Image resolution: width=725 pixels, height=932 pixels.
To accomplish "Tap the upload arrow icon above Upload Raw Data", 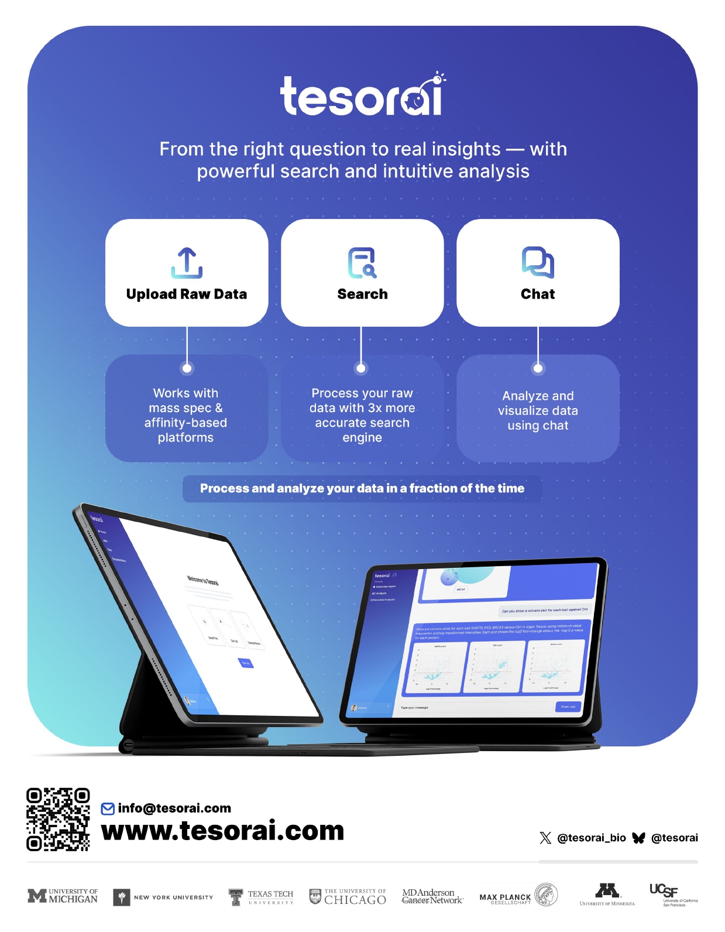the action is [187, 262].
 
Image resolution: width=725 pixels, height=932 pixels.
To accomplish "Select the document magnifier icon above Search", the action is [362, 263].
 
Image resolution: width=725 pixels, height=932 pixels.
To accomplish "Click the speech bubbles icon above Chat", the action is [538, 262].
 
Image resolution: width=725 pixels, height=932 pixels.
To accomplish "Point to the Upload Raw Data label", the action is [187, 294].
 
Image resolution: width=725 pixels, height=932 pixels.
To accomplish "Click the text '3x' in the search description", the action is [375, 408].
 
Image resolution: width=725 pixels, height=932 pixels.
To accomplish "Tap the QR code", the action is [58, 819].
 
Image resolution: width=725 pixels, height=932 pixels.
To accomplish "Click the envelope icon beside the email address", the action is [108, 809].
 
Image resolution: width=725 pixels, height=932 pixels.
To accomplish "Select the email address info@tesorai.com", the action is [174, 808].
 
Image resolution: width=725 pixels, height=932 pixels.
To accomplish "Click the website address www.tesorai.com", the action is [223, 831].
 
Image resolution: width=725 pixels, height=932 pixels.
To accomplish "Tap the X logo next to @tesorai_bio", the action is [545, 838].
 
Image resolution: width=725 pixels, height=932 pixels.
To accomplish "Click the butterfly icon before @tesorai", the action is [638, 838].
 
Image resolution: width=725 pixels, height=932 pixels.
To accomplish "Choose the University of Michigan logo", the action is [63, 896].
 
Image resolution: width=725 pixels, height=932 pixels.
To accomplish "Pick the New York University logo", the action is [163, 897].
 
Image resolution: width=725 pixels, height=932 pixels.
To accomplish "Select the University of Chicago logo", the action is [348, 897].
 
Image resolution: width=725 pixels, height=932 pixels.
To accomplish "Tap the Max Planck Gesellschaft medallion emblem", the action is [547, 895].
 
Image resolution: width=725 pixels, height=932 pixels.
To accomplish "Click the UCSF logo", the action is [673, 895].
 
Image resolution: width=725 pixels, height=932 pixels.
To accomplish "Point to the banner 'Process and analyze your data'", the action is [362, 488].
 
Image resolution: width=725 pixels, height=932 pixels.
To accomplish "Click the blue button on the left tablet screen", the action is [246, 663].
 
